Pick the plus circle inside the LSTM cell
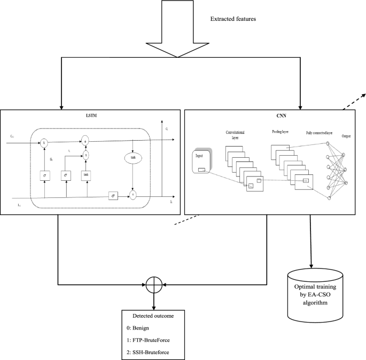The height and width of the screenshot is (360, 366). pos(84,141)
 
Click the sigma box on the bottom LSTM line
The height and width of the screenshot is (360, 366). pos(114,196)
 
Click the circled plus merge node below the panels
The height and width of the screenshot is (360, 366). pos(154,285)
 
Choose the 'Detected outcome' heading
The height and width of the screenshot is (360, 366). pos(154,316)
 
